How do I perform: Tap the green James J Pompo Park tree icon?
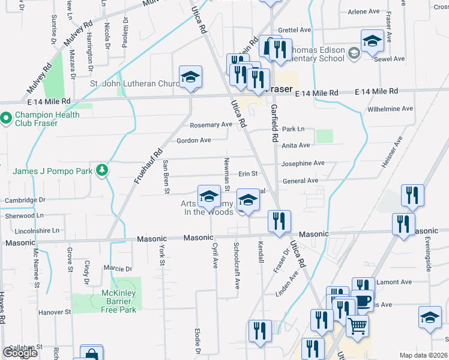pos(103,170)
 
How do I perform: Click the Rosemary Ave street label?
pos(211,125)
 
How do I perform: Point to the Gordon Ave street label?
pos(193,140)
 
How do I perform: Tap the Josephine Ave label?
pos(303,163)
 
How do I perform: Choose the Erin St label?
pos(248,174)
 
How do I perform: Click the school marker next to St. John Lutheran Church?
pos(191,77)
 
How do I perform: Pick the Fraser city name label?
pos(278,89)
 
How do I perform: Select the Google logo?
pos(20,353)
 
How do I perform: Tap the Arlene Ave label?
pos(364,11)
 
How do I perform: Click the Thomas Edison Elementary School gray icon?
pos(354,53)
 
